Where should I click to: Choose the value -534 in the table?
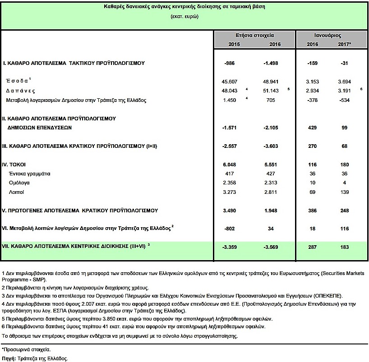345,100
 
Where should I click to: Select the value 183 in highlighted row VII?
345,247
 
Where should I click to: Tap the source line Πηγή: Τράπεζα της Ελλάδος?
35,359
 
